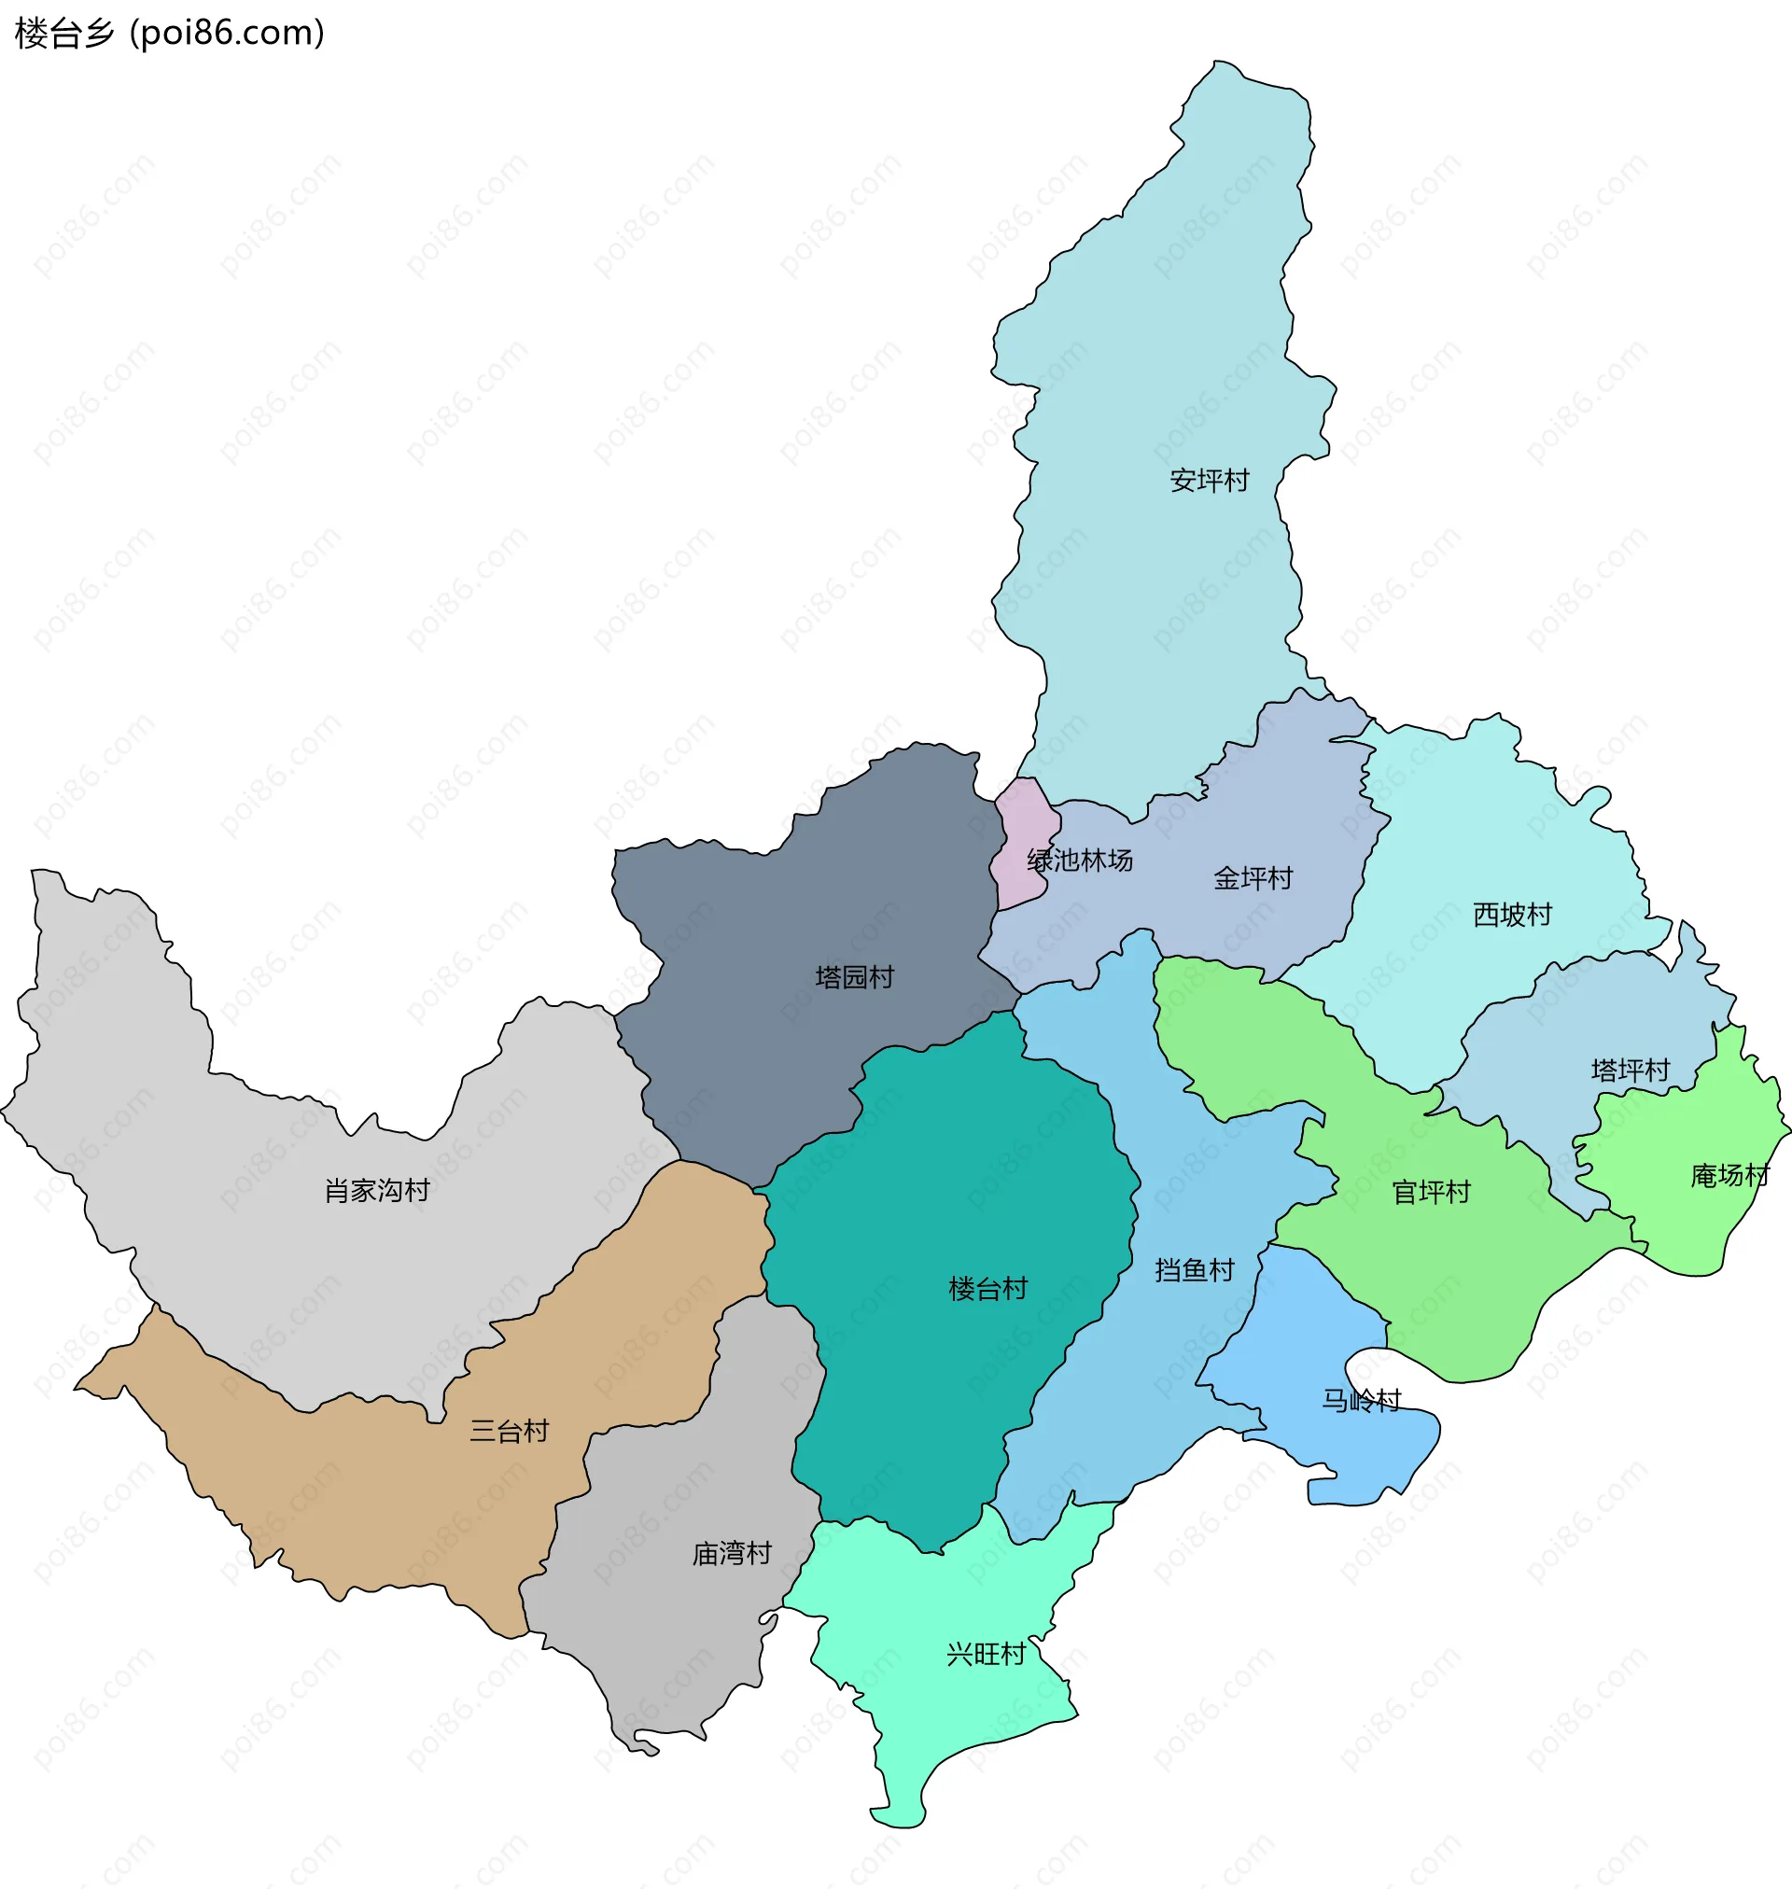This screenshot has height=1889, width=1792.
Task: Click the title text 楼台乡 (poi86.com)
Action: pos(170,34)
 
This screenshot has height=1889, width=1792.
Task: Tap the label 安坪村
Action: pos(1210,481)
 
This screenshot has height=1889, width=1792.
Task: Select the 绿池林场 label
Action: pos(1080,861)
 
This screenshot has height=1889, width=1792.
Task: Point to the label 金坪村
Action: pos(1253,877)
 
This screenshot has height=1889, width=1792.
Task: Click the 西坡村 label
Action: pos(1512,914)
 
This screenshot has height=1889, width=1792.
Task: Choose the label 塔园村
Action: pos(854,977)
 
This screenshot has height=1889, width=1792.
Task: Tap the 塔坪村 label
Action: pos(1630,1070)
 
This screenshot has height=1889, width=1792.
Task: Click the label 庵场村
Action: pos(1729,1175)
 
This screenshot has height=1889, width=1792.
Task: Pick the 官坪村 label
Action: pos(1430,1192)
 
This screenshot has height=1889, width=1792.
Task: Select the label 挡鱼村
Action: pos(1194,1270)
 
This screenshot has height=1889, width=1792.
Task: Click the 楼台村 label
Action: pos(987,1289)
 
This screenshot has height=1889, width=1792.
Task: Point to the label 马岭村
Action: pos(1360,1400)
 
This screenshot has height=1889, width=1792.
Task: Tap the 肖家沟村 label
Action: pos(377,1191)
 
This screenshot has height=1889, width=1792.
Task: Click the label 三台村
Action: pos(510,1431)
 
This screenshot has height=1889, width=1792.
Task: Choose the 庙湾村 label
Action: pos(731,1554)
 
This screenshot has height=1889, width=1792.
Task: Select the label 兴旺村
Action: pos(985,1654)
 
